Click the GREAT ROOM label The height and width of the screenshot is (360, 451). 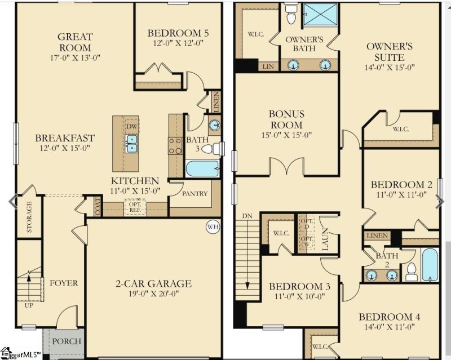point(75,42)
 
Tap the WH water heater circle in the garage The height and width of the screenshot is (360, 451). point(213,227)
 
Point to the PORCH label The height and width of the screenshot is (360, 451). point(67,341)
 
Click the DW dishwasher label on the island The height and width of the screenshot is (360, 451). point(131,126)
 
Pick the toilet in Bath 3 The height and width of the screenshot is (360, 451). point(210,149)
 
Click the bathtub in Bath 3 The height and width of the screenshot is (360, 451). point(202,168)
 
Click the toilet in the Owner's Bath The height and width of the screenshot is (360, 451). point(291,16)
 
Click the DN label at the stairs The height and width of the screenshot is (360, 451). point(247,216)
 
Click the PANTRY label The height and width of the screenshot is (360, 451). point(195,194)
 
